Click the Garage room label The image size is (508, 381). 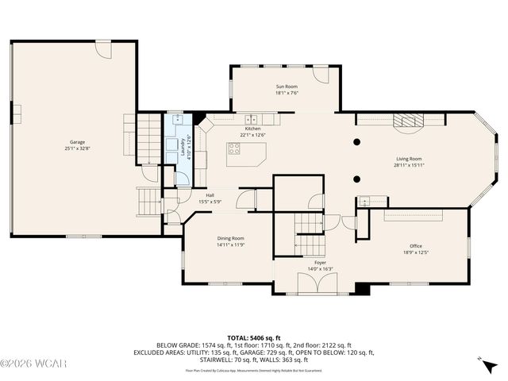(x=77, y=142)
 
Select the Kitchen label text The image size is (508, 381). (x=252, y=129)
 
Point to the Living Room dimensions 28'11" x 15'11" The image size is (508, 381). (x=410, y=165)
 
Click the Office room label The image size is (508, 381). (x=416, y=246)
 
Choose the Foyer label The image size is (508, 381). (x=320, y=262)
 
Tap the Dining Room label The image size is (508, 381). (x=231, y=238)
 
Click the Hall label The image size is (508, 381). (x=210, y=195)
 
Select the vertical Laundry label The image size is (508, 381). (x=182, y=147)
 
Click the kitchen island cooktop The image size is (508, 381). (x=236, y=147)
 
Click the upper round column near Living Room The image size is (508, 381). (x=357, y=143)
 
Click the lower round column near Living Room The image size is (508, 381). (x=357, y=179)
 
